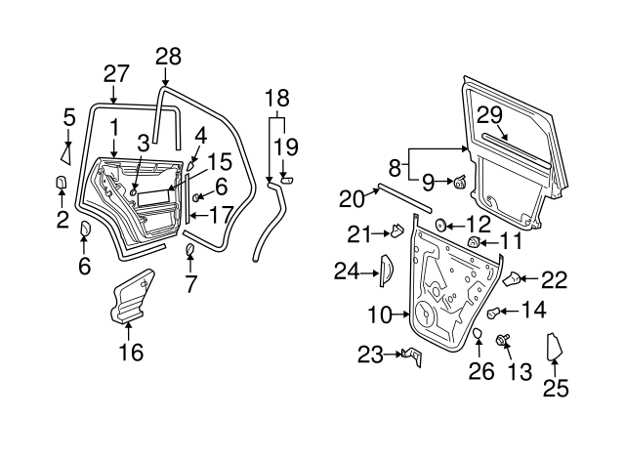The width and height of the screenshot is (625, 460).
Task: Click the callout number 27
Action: coord(116,74)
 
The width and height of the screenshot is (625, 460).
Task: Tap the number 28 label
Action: coord(168,56)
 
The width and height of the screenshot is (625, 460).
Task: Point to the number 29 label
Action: coord(489,114)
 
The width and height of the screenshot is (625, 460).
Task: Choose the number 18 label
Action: coord(276,100)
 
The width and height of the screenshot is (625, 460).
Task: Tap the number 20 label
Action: coord(351,198)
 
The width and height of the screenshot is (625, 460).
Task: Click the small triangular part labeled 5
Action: coord(66,152)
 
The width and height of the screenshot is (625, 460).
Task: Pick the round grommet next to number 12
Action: coord(439,226)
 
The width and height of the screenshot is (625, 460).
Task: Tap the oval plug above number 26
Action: coord(478,336)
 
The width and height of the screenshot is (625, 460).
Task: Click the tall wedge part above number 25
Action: coord(554,348)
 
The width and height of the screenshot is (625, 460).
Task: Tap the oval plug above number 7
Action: coord(189,254)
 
